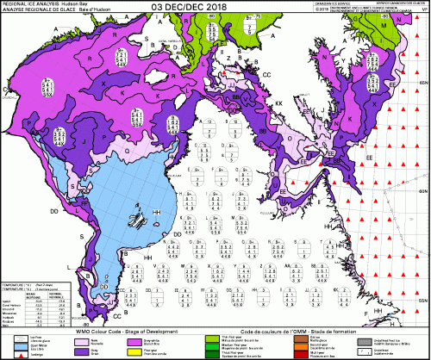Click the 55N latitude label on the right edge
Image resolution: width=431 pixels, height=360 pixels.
423,298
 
